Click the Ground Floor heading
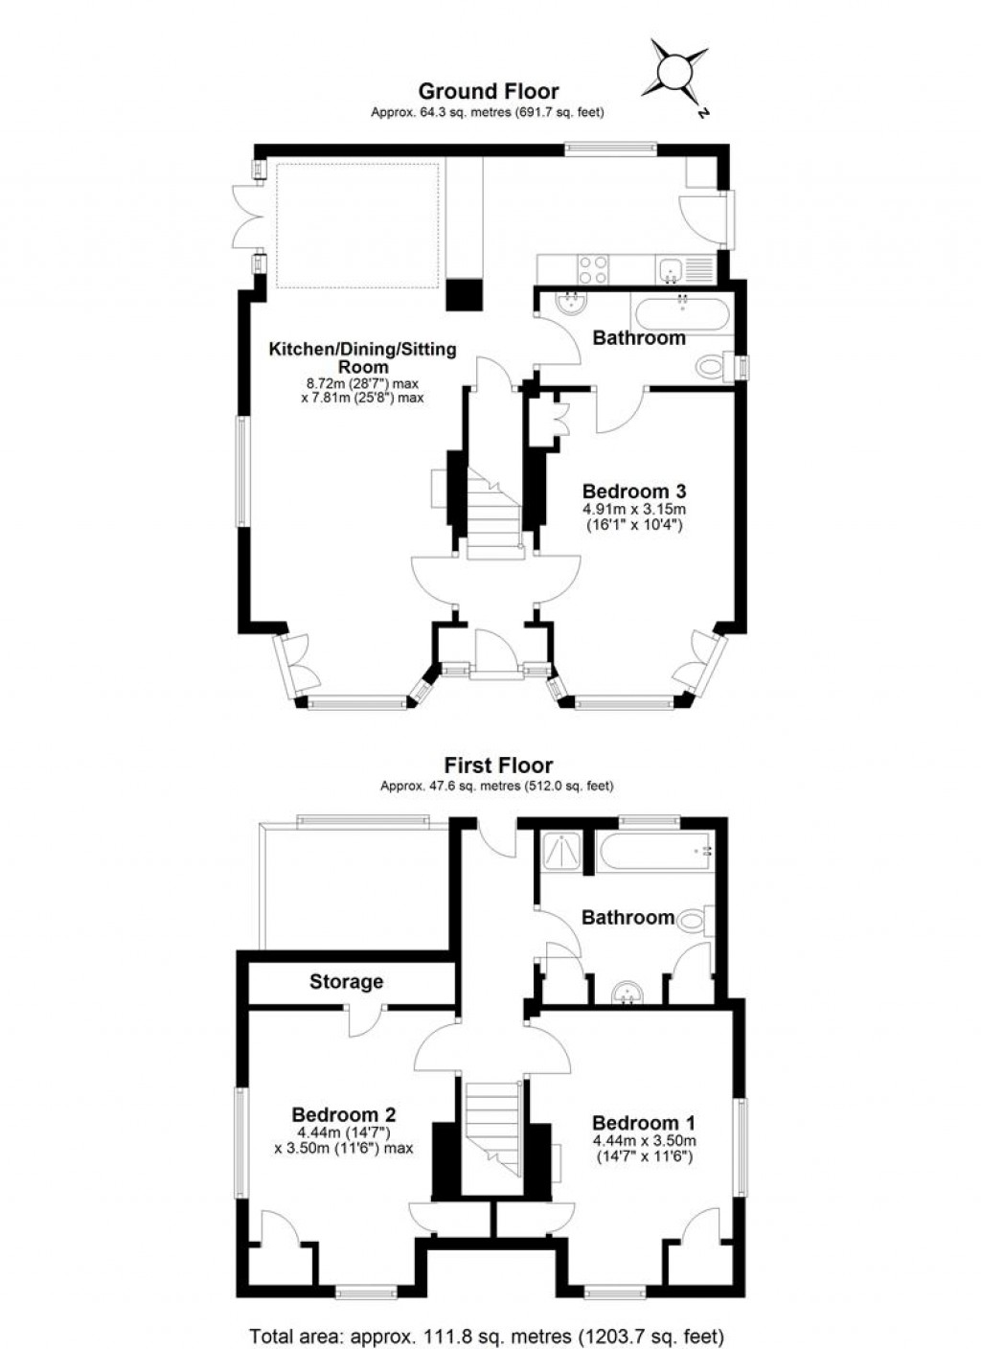pyautogui.click(x=489, y=91)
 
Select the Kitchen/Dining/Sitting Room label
pyautogui.click(x=362, y=357)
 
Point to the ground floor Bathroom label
pyautogui.click(x=639, y=337)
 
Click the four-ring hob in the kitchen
pyautogui.click(x=592, y=269)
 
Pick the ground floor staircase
pyautogui.click(x=492, y=508)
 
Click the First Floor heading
pyautogui.click(x=498, y=766)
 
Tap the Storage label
pyautogui.click(x=346, y=981)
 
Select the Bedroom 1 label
pyautogui.click(x=644, y=1123)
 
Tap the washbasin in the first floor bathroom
pyautogui.click(x=628, y=993)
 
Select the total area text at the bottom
pyautogui.click(x=487, y=1336)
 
